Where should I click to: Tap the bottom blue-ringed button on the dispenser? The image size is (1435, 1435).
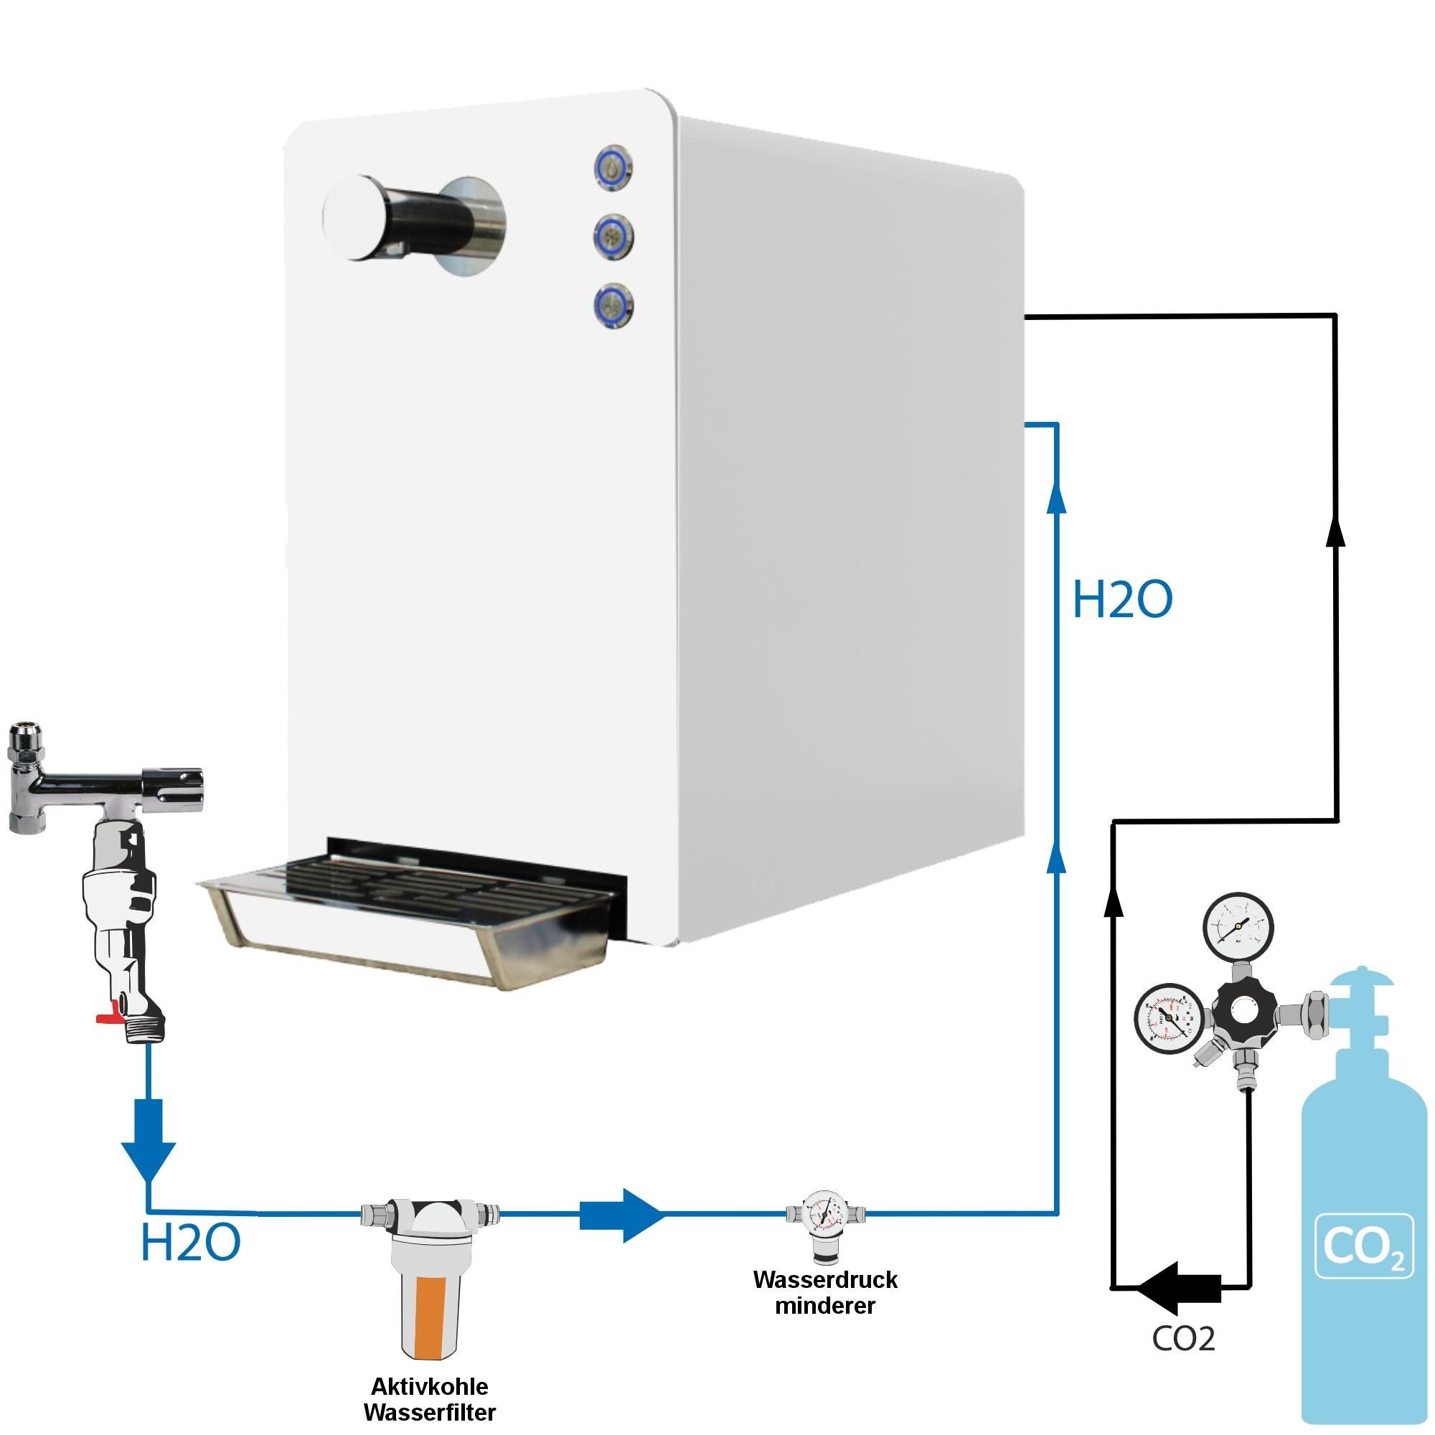[x=613, y=305]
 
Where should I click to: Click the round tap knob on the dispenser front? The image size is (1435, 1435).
[x=355, y=217]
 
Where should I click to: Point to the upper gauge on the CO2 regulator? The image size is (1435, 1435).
[x=1238, y=928]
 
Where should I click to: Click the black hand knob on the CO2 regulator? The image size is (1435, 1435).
[x=1244, y=1011]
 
